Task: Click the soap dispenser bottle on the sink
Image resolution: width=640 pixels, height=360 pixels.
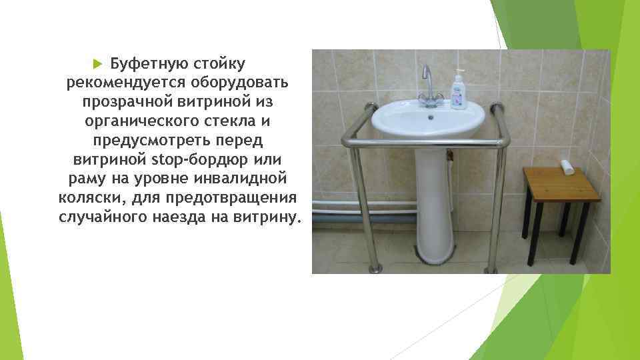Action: point(458,93)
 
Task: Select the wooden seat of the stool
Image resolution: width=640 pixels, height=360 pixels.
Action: point(561,184)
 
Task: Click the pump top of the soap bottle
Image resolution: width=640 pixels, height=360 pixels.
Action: point(457,72)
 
